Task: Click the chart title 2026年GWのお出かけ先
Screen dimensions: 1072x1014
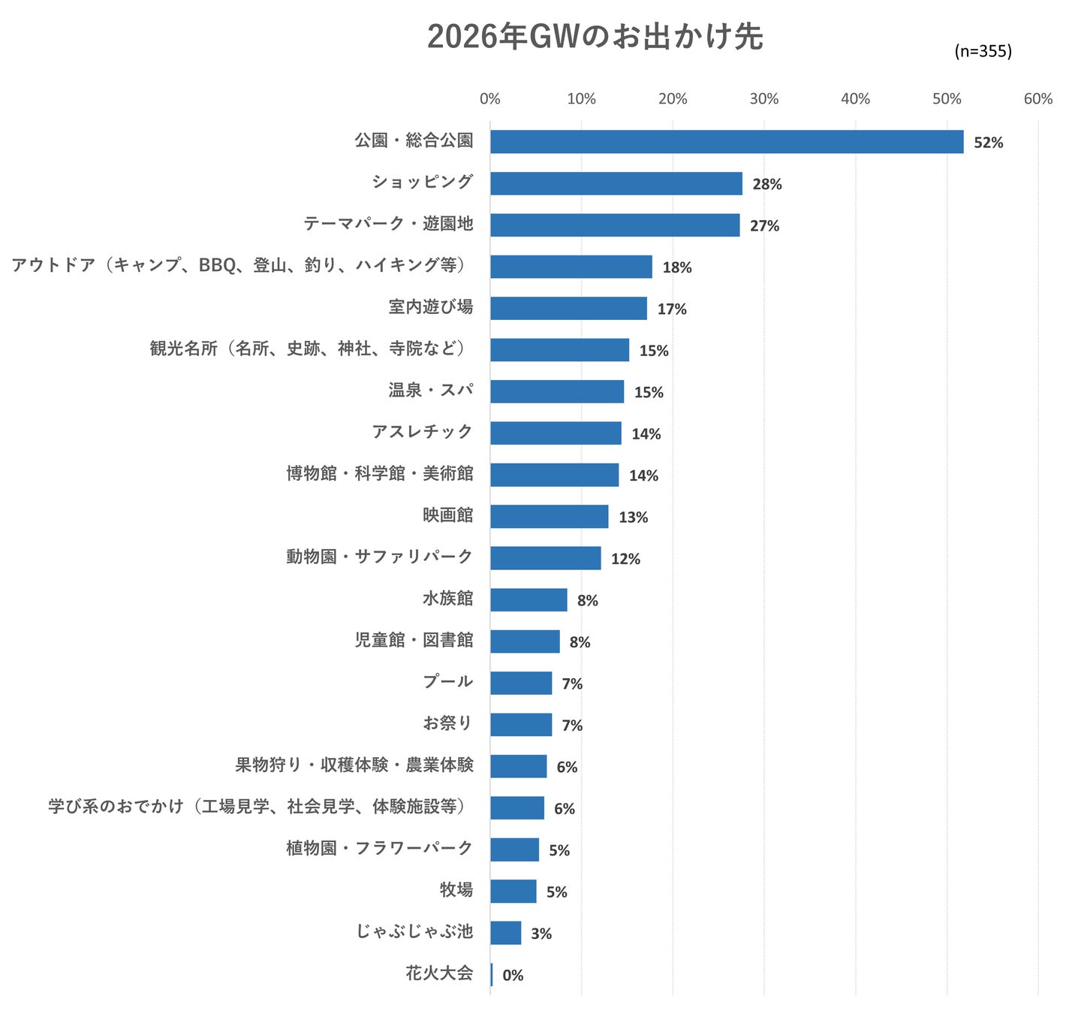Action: tap(595, 37)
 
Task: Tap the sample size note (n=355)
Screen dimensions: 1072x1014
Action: tap(983, 51)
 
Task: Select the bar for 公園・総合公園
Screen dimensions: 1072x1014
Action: tap(726, 141)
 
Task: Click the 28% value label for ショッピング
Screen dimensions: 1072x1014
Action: tap(766, 184)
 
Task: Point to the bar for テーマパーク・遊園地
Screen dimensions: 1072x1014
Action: tap(615, 225)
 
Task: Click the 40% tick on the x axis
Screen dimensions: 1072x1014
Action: tap(855, 99)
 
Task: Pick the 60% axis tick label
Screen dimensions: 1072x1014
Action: tap(1037, 99)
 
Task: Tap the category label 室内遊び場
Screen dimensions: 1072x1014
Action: tap(431, 306)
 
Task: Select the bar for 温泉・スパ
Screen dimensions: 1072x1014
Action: tap(557, 391)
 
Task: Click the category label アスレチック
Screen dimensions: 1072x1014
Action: tap(423, 432)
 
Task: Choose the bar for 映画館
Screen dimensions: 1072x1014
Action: tap(549, 516)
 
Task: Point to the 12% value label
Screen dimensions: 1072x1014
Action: tap(625, 559)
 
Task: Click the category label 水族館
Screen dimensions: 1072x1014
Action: tap(447, 598)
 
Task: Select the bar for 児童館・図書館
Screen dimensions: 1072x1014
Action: tap(525, 641)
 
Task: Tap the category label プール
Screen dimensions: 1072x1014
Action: tap(447, 681)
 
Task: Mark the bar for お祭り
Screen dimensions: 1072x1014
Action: tap(521, 725)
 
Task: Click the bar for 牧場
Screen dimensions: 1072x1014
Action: tap(513, 892)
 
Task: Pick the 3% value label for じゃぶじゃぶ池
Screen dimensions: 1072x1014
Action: tap(541, 934)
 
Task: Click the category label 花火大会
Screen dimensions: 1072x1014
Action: tap(439, 973)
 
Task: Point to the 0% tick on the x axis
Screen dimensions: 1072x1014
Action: tap(489, 99)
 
